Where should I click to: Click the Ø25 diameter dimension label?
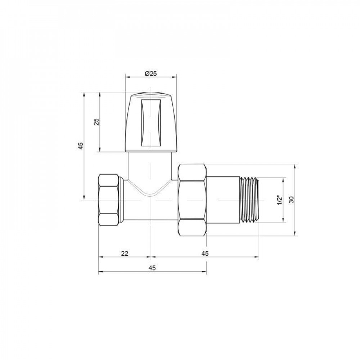coord(150,73)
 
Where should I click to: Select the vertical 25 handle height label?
coord(96,122)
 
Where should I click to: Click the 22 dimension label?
coord(124,253)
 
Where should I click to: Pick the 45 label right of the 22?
coord(204,253)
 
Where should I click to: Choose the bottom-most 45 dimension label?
coord(152,268)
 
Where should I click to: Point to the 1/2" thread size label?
coord(279,200)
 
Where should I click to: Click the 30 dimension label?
coord(292,200)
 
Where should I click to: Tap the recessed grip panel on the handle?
coord(150,123)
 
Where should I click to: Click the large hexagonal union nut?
coord(193,199)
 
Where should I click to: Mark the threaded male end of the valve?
coord(249,200)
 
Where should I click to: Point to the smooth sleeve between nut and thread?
coord(223,200)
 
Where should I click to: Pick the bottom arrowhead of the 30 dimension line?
coord(296,234)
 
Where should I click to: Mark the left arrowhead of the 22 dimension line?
coord(100,257)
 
